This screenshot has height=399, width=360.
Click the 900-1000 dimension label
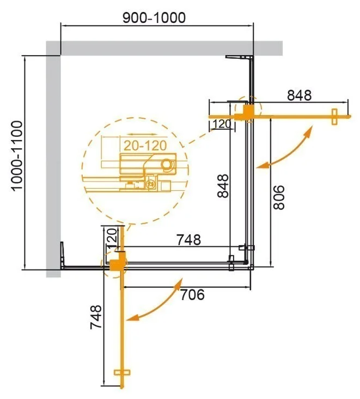click(x=155, y=17)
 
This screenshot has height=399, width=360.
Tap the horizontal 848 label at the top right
click(x=299, y=95)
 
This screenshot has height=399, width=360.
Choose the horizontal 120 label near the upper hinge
click(x=221, y=124)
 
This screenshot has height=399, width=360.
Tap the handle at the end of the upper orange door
click(x=334, y=116)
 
